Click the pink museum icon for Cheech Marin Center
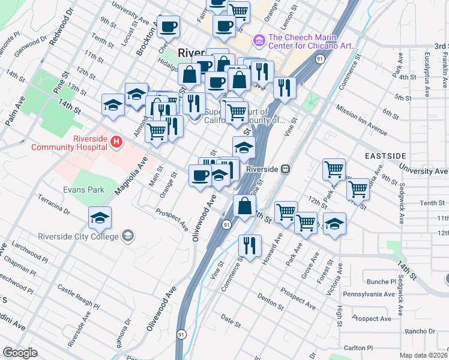click(259, 40)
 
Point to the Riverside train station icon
click(286, 169)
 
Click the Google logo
click(20, 353)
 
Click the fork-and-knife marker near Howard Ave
click(249, 244)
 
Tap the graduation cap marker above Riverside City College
click(100, 218)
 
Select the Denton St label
click(270, 299)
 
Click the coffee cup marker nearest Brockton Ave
click(169, 26)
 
